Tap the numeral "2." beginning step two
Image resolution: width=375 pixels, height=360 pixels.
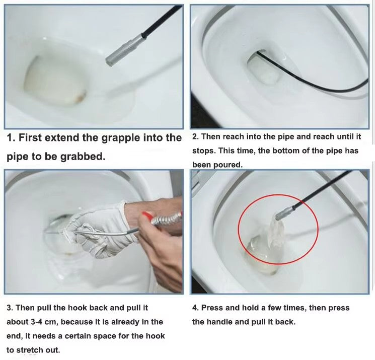[196, 137]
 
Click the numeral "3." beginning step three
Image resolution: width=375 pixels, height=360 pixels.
[10, 308]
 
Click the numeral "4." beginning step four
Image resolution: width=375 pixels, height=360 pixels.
[196, 308]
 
